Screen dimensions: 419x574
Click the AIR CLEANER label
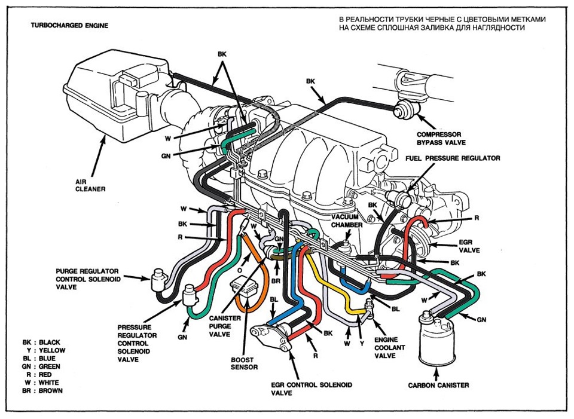(x=90, y=185)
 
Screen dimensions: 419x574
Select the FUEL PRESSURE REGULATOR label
(x=453, y=158)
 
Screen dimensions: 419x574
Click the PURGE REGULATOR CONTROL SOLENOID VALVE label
(x=87, y=279)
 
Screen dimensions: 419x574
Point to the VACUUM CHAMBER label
(x=348, y=221)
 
